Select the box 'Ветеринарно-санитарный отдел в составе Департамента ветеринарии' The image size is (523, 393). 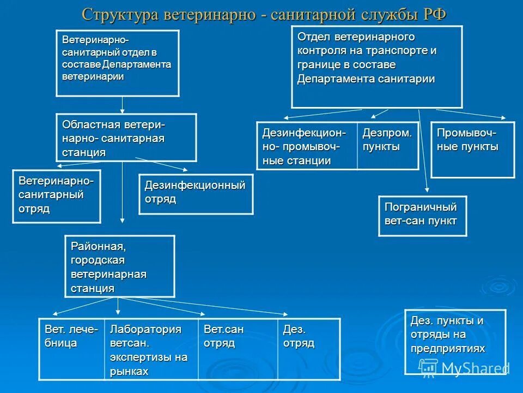coord(118,63)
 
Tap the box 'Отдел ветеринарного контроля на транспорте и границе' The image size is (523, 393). coord(376,67)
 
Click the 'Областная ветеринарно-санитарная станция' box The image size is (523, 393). coord(126,138)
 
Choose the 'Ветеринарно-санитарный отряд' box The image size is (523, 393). coord(57,196)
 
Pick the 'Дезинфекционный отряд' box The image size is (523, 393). coord(196,194)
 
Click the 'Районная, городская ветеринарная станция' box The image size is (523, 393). coord(120,266)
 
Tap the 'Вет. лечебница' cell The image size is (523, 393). coord(71,349)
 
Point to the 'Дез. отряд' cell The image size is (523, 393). coord(309,349)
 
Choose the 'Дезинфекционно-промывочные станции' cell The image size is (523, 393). coord(307,146)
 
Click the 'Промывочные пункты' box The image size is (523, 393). coord(472,150)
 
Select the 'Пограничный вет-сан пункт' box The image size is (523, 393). coord(422,216)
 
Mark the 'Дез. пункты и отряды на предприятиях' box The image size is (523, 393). coord(455,341)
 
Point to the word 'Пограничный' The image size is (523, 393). coord(421,207)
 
